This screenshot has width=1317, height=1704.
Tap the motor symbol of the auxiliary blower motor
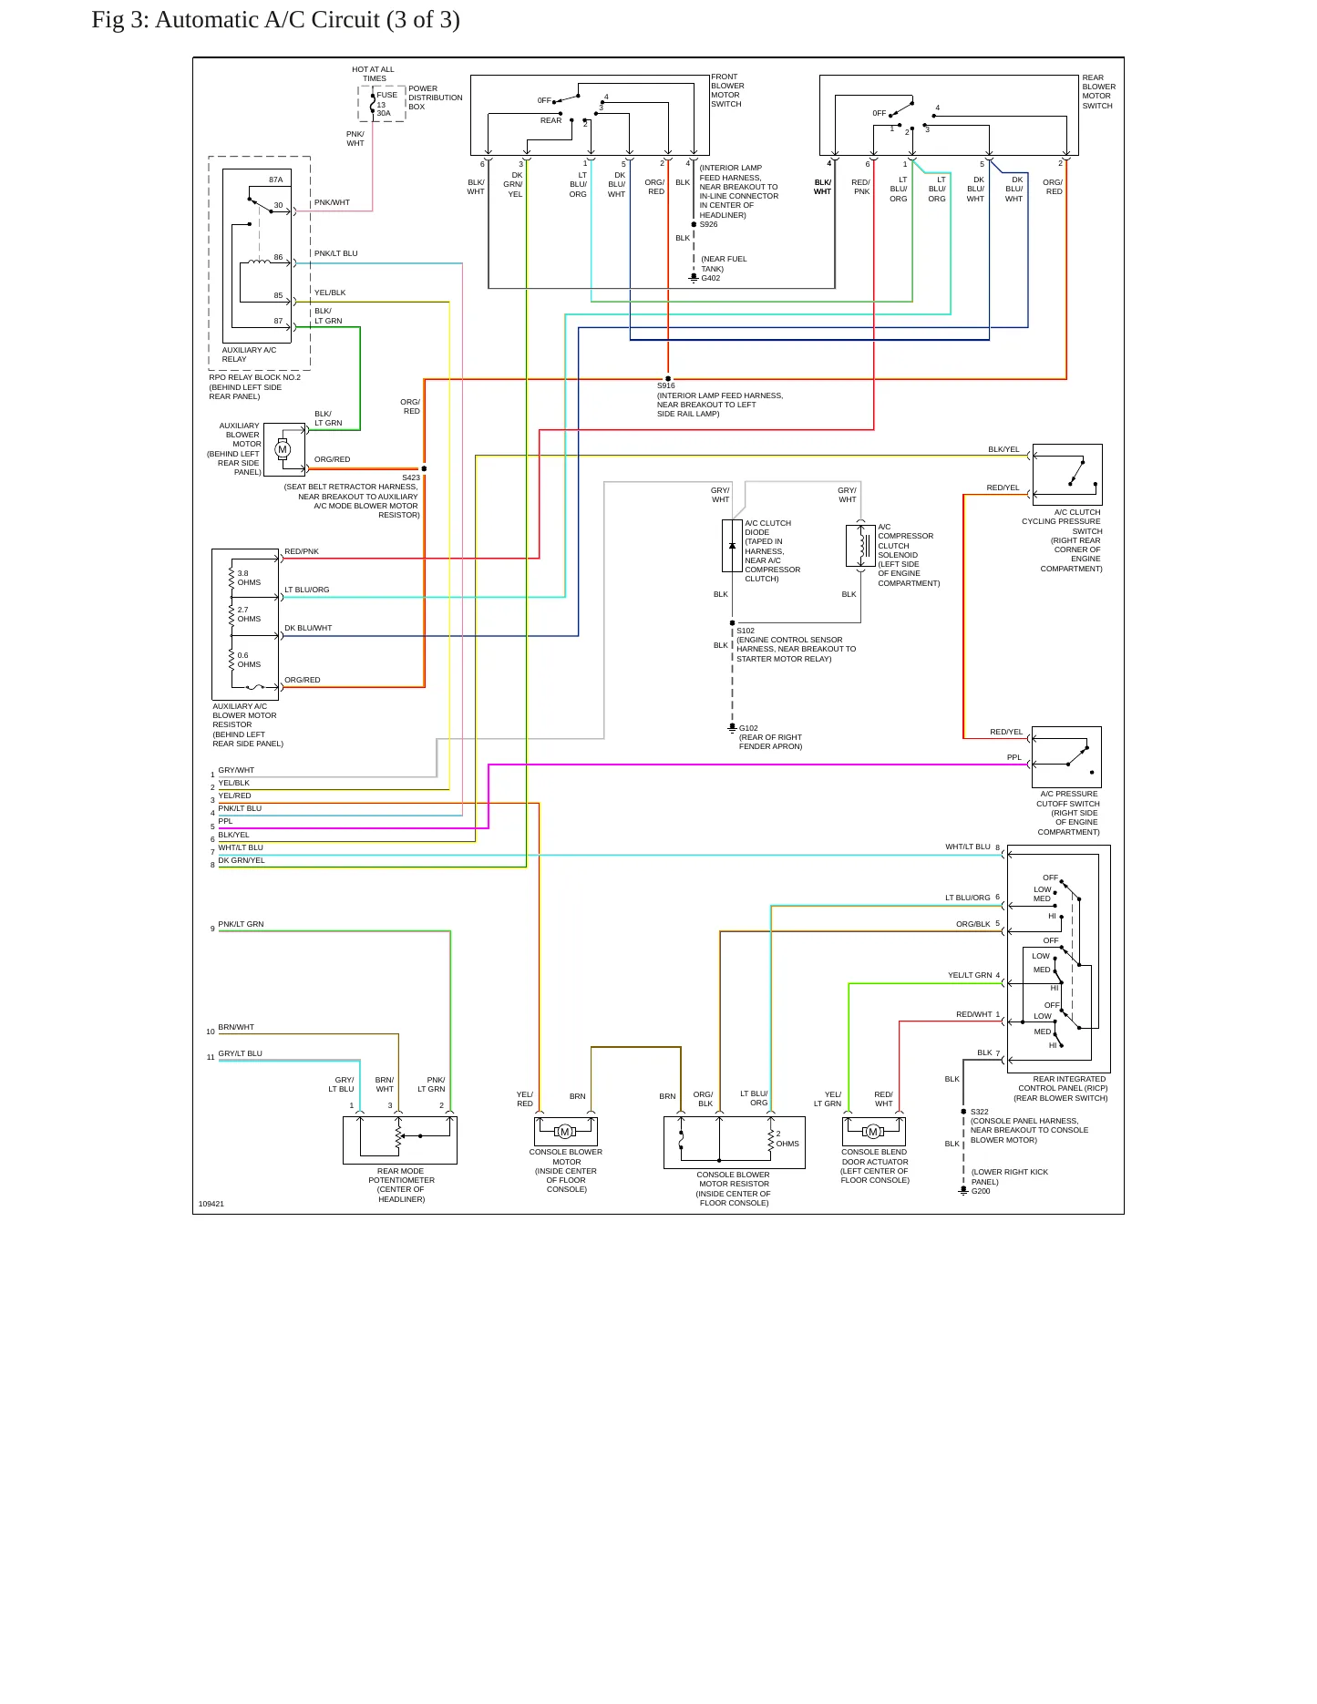(x=283, y=449)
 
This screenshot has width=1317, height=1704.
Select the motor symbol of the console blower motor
(x=565, y=1132)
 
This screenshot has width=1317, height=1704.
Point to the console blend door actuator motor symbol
(x=873, y=1132)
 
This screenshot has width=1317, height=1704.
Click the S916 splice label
(x=666, y=386)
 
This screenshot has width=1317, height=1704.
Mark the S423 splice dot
(x=424, y=468)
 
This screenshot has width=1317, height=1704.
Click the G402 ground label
(x=711, y=278)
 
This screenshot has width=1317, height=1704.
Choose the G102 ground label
(x=748, y=728)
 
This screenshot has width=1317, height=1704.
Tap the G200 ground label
(x=981, y=1191)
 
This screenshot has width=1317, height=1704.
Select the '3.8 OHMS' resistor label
(x=249, y=578)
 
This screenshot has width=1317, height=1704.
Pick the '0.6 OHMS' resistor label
(x=249, y=660)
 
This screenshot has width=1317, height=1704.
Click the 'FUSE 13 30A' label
(x=386, y=104)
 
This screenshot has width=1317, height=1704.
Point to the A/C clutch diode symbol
(x=732, y=546)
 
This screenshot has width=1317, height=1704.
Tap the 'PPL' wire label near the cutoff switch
(x=1014, y=757)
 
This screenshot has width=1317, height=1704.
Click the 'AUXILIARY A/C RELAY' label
(x=249, y=354)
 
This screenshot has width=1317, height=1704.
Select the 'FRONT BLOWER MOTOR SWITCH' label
(x=727, y=90)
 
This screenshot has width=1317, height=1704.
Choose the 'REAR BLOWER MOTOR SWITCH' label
(x=1098, y=92)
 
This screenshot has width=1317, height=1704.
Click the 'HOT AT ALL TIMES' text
(x=374, y=74)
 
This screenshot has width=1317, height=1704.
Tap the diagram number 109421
(x=211, y=1204)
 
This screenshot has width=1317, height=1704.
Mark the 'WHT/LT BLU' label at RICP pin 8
(x=967, y=847)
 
